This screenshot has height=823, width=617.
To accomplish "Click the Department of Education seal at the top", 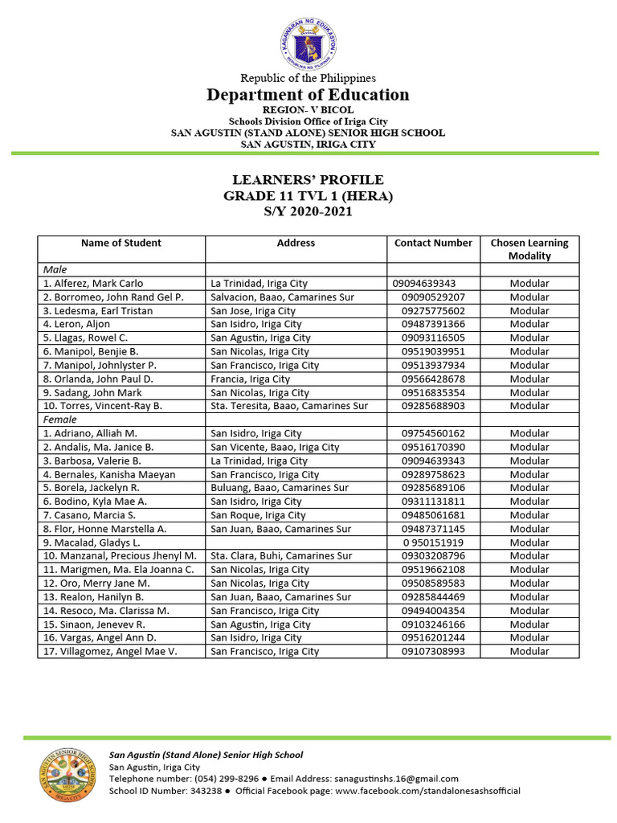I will [x=308, y=38].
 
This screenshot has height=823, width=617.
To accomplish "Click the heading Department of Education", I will [x=308, y=95].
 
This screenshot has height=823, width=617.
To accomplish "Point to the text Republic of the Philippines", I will [x=308, y=78].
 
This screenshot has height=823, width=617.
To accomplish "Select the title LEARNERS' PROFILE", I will [x=308, y=180].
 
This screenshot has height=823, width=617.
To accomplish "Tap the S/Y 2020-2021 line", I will [x=308, y=212].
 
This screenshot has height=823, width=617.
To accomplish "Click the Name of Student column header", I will [x=121, y=243].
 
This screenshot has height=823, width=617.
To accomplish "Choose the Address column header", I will [x=296, y=243].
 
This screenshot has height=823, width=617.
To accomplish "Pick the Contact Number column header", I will [x=434, y=243].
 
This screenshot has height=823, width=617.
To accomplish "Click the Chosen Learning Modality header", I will [x=529, y=249].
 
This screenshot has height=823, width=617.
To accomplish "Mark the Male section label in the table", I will [x=55, y=270].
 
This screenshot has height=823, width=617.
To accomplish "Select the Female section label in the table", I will [x=60, y=420].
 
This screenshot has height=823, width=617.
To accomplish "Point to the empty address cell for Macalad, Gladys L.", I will [x=296, y=543].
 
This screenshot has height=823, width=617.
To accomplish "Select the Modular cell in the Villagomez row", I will [x=529, y=651].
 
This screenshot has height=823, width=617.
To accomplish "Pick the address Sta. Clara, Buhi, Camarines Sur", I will [x=281, y=555].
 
